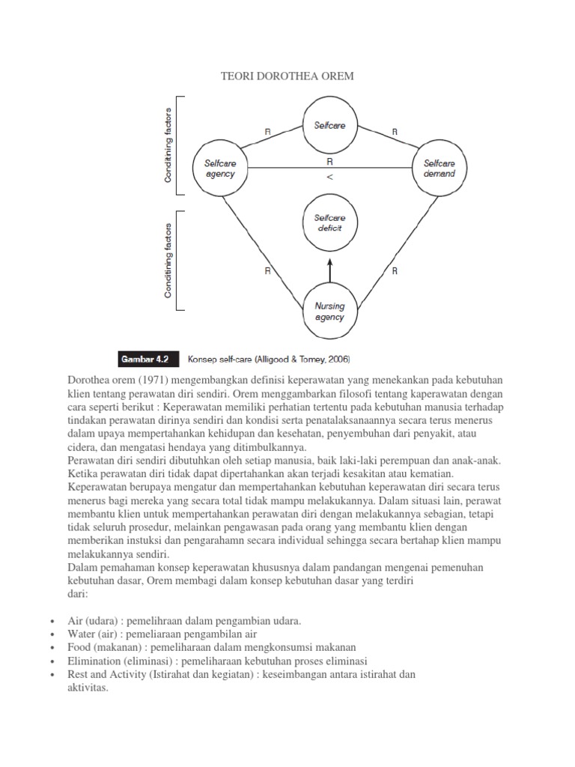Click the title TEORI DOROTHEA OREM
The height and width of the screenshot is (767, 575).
(286, 76)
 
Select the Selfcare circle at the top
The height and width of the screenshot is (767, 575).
(329, 126)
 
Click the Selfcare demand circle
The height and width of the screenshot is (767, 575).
(439, 169)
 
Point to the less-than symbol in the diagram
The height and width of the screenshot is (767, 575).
(330, 177)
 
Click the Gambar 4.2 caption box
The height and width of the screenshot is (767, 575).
(142, 359)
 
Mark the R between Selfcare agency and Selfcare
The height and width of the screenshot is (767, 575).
(268, 132)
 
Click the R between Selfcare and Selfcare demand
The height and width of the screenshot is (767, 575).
(395, 132)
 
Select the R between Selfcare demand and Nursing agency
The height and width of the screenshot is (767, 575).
(395, 271)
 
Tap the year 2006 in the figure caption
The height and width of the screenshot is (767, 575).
(338, 359)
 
